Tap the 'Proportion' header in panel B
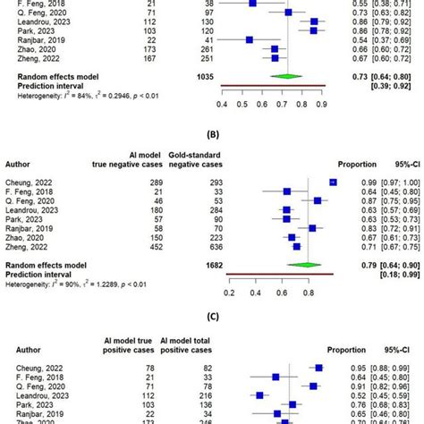(x=354, y=165)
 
